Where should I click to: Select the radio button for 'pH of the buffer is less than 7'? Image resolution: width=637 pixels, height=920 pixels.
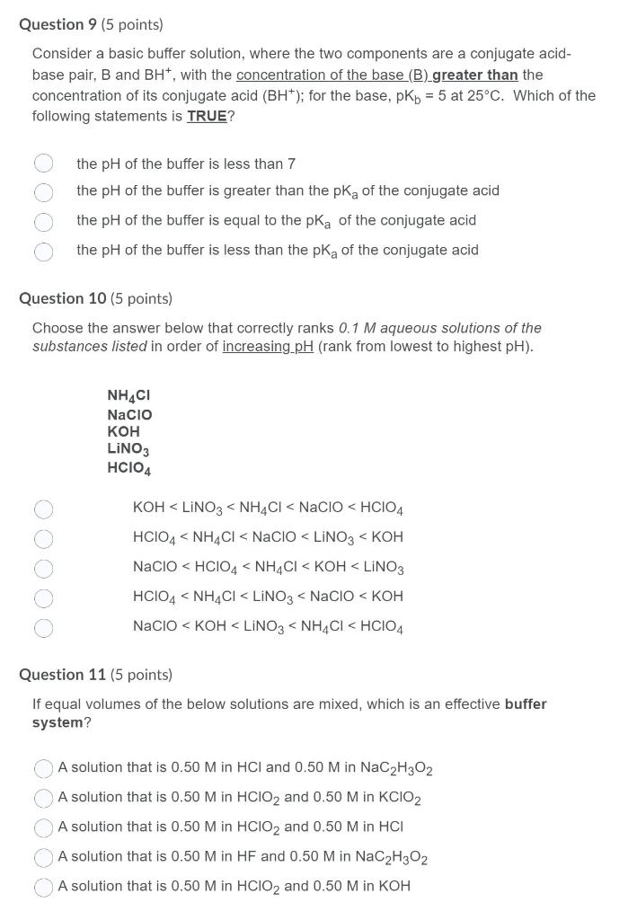click(43, 164)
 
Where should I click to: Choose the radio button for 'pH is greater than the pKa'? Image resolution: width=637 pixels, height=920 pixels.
click(43, 191)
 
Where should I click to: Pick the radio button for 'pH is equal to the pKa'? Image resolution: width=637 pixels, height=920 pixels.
click(43, 221)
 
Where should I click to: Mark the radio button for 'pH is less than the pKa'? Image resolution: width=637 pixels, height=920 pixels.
click(43, 251)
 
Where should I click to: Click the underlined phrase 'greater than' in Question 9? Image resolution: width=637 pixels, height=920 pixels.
click(475, 75)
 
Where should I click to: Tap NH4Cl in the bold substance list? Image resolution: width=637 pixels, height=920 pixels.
click(128, 396)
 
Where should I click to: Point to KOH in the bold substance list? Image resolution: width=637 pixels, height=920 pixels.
click(123, 431)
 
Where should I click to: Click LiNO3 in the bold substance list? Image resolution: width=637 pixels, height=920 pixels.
click(128, 449)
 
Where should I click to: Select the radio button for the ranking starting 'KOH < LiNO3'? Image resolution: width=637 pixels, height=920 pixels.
click(43, 509)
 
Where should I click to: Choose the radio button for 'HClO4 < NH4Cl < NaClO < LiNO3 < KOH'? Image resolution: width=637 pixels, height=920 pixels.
click(43, 538)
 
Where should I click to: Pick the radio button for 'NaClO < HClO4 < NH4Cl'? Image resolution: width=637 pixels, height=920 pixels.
click(43, 569)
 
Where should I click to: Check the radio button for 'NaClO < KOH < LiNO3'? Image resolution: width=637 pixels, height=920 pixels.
click(43, 627)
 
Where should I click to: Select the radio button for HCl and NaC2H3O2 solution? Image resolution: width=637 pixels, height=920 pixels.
click(43, 769)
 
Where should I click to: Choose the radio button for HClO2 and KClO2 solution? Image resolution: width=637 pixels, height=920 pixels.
click(43, 798)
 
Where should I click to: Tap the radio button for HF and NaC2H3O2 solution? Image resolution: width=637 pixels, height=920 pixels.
click(43, 858)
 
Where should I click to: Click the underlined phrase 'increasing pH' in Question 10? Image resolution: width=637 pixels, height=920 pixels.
click(268, 347)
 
